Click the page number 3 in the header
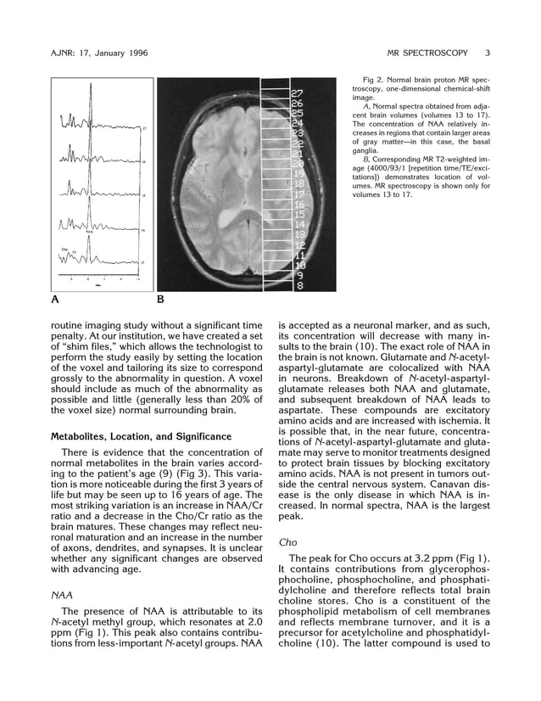click(488, 53)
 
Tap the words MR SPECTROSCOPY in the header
click(427, 53)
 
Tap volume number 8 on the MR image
click(299, 286)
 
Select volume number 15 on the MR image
click(298, 215)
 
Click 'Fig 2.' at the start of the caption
click(374, 78)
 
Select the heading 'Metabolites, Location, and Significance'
click(136, 437)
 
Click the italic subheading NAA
click(62, 596)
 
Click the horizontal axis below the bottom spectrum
click(98, 277)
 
